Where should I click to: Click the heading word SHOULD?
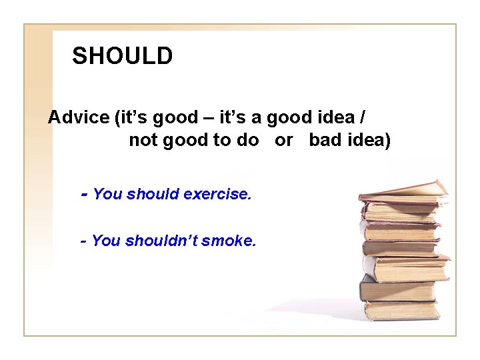[x=122, y=56]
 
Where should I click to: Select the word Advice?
[x=79, y=118]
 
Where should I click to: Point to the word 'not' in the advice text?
[x=141, y=141]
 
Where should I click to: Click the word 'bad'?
[x=323, y=141]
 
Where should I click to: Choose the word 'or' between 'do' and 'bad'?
[x=284, y=141]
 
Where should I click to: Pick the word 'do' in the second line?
[x=248, y=141]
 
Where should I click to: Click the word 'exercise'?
[x=217, y=195]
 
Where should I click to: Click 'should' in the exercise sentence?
[x=153, y=195]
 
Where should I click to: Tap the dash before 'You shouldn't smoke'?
[x=83, y=241]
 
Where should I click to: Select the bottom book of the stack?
[x=401, y=311]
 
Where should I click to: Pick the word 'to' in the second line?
[x=225, y=141]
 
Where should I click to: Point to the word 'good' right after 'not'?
[x=185, y=141]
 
